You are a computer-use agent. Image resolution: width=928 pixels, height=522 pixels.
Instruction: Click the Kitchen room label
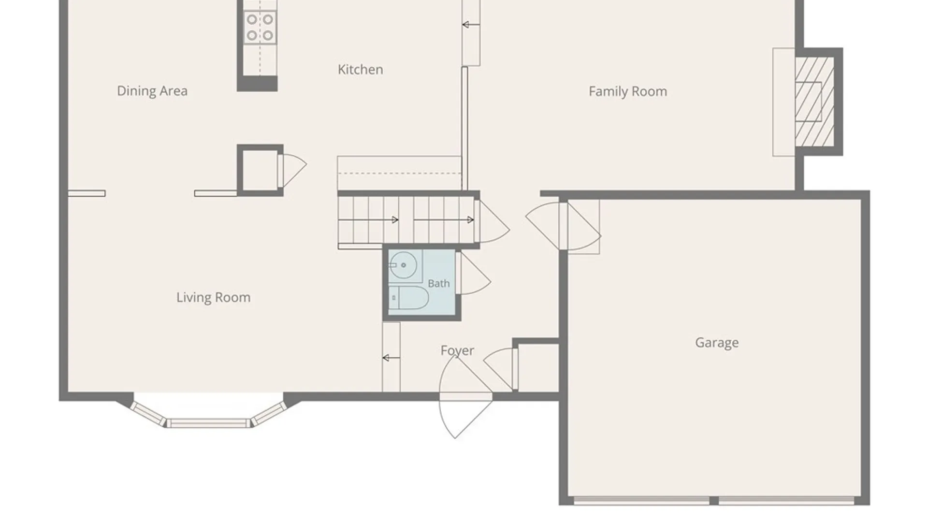pos(360,70)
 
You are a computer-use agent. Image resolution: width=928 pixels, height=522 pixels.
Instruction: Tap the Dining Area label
pos(152,91)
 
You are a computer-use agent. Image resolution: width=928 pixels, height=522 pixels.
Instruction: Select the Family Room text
pos(628,91)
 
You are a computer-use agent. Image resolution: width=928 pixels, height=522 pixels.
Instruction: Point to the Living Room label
pos(213,297)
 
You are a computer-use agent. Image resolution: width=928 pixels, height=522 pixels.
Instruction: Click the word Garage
pos(717,343)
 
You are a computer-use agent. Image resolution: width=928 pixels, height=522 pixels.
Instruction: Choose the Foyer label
pos(457,350)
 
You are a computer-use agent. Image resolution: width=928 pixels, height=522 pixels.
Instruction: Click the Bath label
pos(439,284)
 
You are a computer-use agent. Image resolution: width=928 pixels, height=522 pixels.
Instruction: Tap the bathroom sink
pos(403,265)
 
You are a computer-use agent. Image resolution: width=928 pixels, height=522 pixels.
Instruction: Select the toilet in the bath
pos(409,298)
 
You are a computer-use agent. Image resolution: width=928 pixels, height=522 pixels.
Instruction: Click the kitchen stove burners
pos(260,28)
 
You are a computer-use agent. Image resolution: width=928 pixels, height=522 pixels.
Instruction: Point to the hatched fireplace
pos(815,102)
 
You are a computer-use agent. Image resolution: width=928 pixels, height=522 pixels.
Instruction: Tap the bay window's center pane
pos(209,423)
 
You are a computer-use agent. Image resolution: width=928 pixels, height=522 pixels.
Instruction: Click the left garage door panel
pos(642,500)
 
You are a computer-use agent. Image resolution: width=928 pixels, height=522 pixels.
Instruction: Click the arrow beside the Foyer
pos(391,358)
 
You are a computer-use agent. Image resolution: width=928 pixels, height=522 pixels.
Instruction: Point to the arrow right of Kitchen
pos(471,25)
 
